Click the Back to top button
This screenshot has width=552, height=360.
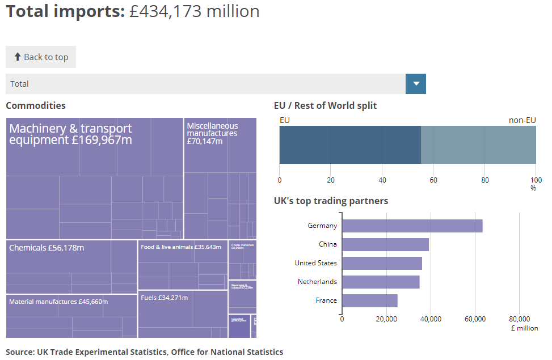point(41,57)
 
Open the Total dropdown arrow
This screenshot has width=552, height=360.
point(416,84)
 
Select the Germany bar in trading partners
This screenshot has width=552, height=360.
point(412,226)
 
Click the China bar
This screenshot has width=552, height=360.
point(386,244)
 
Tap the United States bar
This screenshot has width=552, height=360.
point(382,263)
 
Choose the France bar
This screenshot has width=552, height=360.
point(370,300)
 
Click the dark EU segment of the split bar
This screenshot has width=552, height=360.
point(350,145)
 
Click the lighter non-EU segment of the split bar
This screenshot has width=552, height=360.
point(478,145)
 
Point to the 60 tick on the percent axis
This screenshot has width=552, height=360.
point(433,180)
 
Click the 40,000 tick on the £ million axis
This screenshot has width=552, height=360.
point(431,319)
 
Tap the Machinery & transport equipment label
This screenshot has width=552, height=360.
point(70,134)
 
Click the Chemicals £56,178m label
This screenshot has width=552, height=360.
point(47,248)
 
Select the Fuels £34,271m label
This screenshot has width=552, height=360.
point(164,297)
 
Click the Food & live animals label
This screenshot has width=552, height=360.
point(180,247)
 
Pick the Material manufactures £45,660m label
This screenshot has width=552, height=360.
point(58,302)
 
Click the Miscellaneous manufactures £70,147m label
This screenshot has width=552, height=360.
point(212,133)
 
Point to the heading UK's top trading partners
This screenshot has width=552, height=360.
point(331,201)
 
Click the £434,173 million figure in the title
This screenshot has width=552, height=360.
point(194,11)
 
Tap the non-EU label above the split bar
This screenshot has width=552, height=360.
point(522,120)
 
